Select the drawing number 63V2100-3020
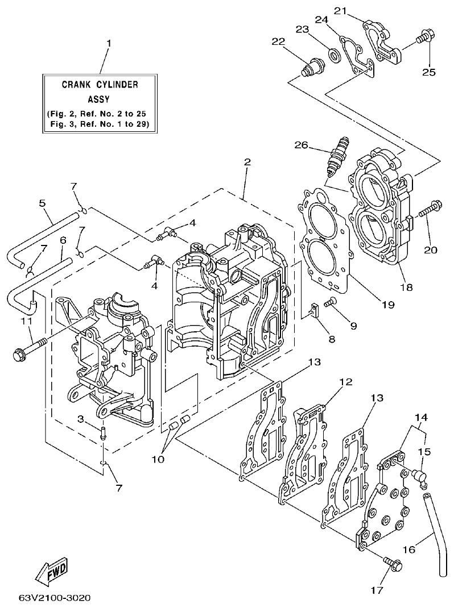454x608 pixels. pos(54,598)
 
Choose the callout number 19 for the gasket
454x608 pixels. pos(388,305)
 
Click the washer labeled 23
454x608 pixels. pos(333,55)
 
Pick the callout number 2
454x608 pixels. pos(246,161)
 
